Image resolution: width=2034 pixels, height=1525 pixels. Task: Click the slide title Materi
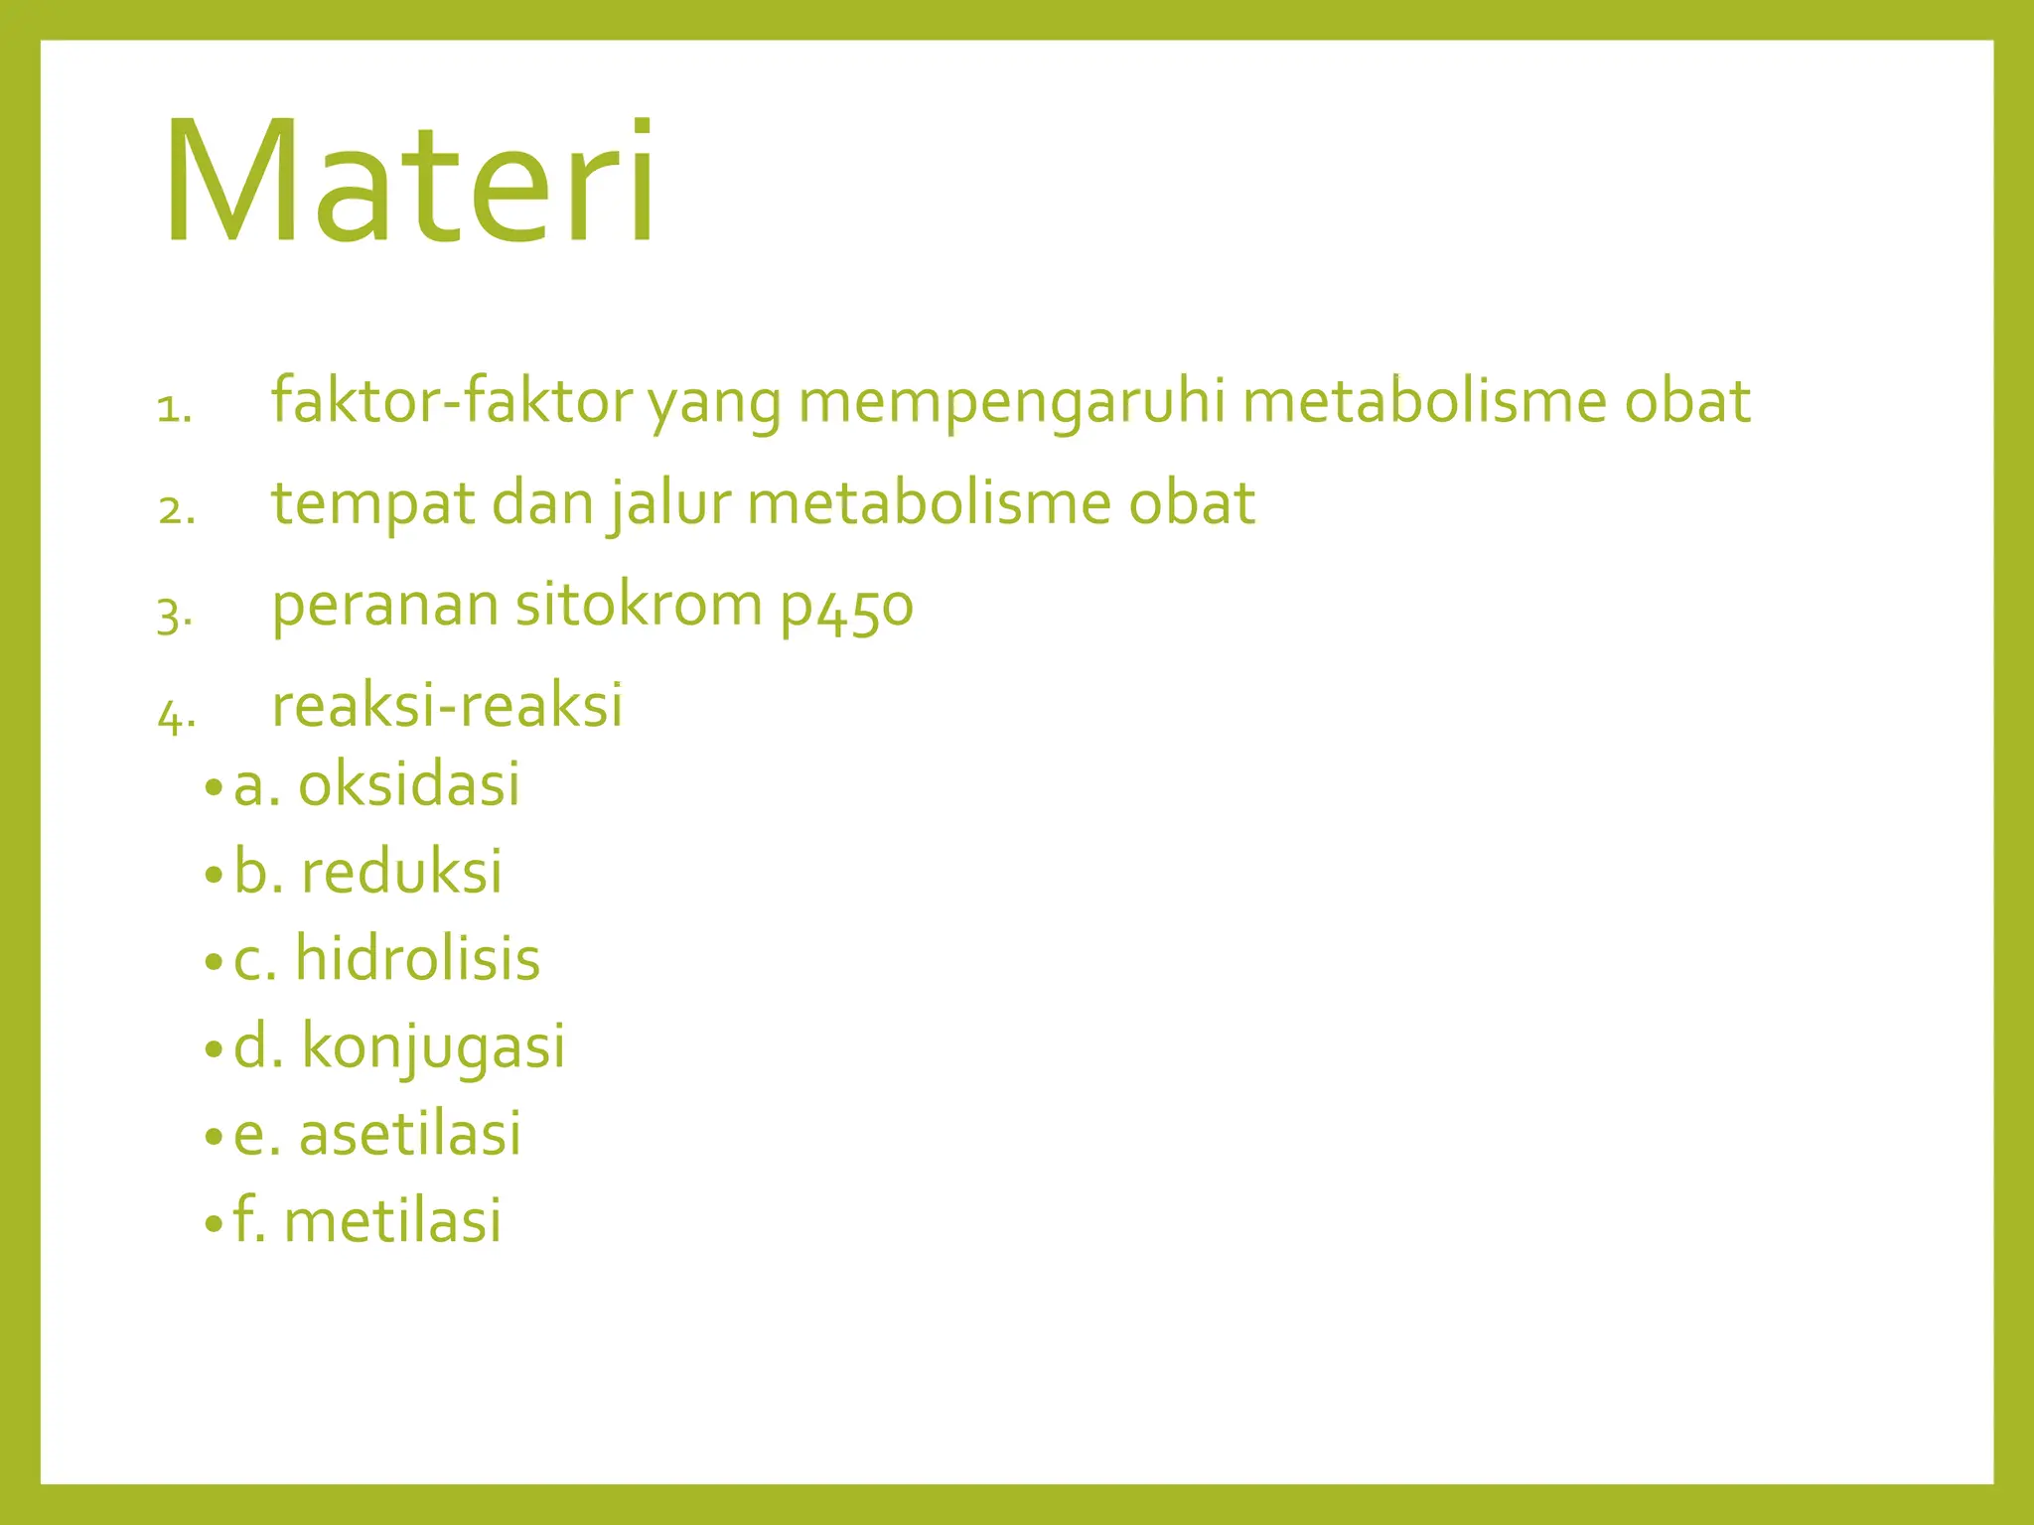(x=409, y=181)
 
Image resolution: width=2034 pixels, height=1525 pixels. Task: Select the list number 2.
(x=176, y=510)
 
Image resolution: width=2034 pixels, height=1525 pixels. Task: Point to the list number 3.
(x=174, y=615)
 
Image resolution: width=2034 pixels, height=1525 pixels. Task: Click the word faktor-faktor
(x=452, y=401)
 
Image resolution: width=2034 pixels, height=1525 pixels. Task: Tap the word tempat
(x=373, y=504)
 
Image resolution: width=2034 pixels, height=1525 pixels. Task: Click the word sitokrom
(x=639, y=605)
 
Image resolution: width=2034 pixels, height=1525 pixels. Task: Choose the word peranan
(x=384, y=607)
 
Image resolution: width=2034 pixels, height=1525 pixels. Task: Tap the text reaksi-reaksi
(x=447, y=706)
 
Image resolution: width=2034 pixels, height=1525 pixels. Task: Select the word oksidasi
(x=409, y=783)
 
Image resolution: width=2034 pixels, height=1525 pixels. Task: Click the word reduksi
(x=402, y=872)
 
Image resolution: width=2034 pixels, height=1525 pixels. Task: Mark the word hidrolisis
(x=418, y=959)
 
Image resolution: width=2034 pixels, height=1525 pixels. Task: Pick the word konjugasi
(x=433, y=1047)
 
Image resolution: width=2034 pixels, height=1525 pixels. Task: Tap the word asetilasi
(x=410, y=1134)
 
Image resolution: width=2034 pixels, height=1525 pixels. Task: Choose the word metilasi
(x=393, y=1220)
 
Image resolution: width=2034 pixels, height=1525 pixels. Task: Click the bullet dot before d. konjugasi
(x=214, y=1049)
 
